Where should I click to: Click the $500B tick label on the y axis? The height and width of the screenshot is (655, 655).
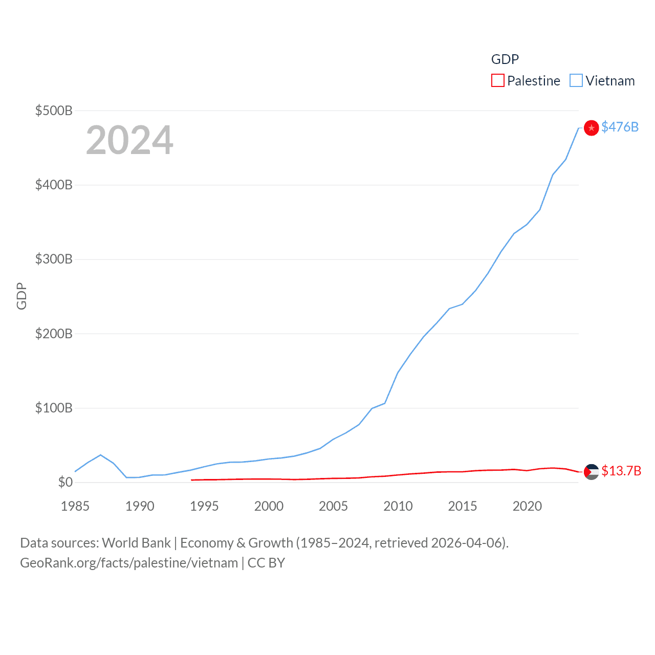pos(53,111)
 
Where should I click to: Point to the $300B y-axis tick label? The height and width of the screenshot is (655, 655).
pos(53,259)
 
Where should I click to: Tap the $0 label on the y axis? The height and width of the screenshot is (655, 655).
pos(65,482)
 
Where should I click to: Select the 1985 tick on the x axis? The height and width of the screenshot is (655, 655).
pos(75,506)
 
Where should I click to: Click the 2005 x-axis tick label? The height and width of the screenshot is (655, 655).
pos(333,506)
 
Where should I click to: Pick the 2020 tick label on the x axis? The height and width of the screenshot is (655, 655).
pos(527,506)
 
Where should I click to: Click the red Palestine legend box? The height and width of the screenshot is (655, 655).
pos(497,81)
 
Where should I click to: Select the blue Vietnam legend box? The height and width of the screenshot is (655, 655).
pos(576,81)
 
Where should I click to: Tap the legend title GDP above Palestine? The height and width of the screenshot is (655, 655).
pos(505,59)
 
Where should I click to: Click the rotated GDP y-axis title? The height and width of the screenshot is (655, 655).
pos(21,296)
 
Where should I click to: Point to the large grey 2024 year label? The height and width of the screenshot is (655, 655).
pos(129,140)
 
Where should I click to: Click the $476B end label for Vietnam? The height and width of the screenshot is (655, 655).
pos(620,127)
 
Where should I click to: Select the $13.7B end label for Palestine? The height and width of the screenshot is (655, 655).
pos(621,471)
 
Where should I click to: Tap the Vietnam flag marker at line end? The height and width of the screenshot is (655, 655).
pos(591,128)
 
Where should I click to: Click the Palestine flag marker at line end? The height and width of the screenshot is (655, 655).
pos(591,472)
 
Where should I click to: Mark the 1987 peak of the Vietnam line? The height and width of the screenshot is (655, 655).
pos(101,455)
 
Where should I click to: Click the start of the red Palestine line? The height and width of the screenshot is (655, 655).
pos(191,480)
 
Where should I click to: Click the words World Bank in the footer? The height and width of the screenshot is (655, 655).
pos(136,543)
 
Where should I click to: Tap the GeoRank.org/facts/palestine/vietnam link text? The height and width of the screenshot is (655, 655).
pos(129,563)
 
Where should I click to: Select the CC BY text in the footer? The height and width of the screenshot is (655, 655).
pos(266,563)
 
